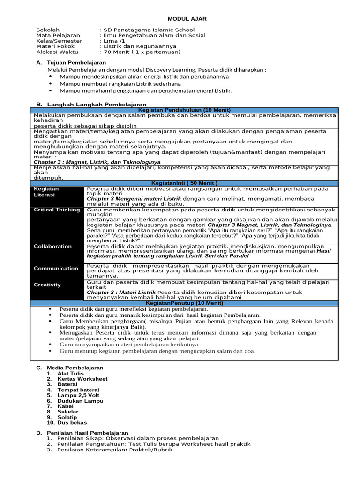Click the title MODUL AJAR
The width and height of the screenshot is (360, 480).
click(187, 19)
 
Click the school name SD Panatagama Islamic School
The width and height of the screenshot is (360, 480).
click(148, 30)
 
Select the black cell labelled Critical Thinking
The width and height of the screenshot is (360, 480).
click(57, 210)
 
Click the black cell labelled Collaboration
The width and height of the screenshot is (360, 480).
click(53, 246)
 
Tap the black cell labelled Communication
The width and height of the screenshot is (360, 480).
click(56, 268)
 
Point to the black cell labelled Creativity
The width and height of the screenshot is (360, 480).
click(47, 285)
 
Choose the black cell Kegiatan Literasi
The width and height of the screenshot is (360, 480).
click(46, 191)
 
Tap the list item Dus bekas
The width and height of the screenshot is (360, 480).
click(72, 422)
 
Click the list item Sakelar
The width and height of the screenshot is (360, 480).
click(68, 412)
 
